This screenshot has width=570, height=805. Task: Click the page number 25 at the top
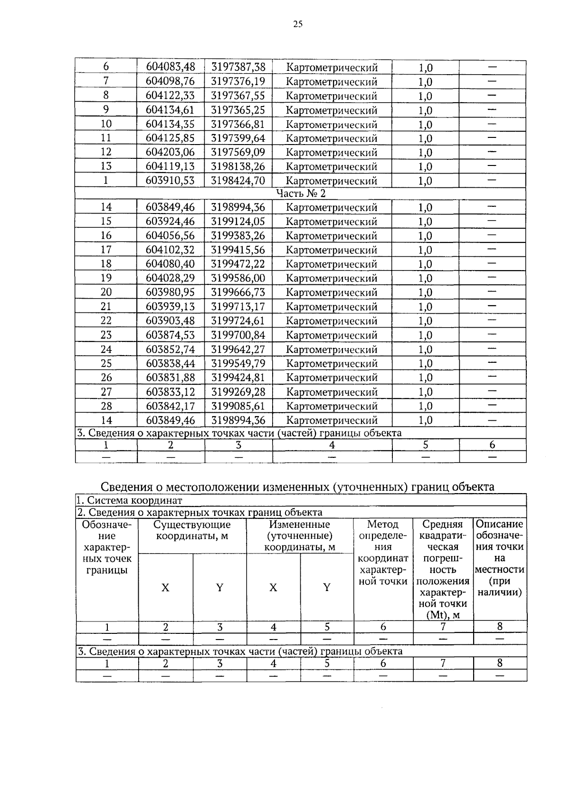pos(297,25)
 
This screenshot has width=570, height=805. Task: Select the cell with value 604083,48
pos(170,67)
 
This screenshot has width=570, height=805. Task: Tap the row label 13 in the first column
pos(106,166)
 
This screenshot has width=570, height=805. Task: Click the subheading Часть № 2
pos(301,194)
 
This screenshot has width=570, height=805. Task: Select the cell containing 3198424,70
pos(238,180)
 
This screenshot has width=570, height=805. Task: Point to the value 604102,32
pos(170,250)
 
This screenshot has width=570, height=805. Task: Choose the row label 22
pos(106,320)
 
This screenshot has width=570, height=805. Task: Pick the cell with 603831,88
pos(170,378)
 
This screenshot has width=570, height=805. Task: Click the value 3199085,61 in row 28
pos(238,406)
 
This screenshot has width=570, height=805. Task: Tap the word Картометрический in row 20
pos(332,292)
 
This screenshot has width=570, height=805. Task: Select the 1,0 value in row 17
pos(425,250)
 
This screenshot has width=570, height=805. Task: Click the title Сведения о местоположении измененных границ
pos(297,487)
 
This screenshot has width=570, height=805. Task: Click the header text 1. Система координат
pos(130,500)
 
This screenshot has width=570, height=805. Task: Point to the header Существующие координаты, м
pos(192,530)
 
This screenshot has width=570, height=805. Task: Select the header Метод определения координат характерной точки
pos(383,553)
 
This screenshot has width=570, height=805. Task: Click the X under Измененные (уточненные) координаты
pos(273,588)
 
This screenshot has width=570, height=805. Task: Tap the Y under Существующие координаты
pos(219,588)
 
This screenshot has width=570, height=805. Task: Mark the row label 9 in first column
pos(106,110)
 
